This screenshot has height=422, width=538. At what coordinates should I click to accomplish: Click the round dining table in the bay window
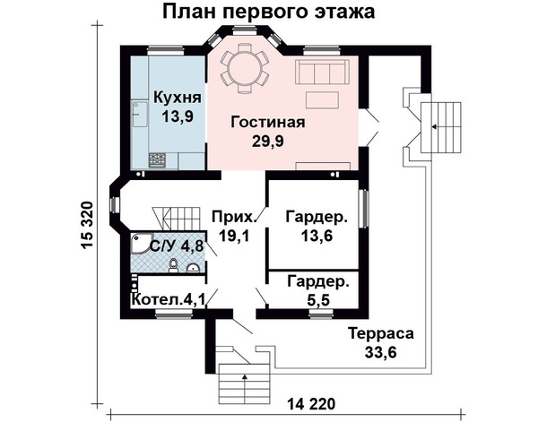[x=244, y=68]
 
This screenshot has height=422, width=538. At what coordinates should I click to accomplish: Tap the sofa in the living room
[x=322, y=73]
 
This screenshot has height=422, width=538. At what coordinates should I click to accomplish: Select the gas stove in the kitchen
[x=157, y=160]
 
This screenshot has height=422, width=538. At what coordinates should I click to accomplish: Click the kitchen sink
[x=140, y=114]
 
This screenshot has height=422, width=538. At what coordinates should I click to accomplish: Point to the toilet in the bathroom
[x=174, y=266]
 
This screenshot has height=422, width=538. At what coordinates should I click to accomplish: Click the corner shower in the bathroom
[x=141, y=244]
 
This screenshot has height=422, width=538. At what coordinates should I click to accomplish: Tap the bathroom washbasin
[x=193, y=268]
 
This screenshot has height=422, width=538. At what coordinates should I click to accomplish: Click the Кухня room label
[x=178, y=98]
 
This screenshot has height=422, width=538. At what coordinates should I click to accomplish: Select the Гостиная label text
[x=267, y=122]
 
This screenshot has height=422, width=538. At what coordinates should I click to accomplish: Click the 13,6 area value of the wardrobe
[x=317, y=236]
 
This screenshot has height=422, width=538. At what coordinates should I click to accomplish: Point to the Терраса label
[x=381, y=333]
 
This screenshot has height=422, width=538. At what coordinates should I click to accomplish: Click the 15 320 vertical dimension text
[x=88, y=225]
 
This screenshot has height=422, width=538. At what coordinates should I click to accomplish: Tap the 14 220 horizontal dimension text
[x=311, y=404]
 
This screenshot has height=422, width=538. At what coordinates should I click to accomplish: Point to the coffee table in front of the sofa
[x=322, y=100]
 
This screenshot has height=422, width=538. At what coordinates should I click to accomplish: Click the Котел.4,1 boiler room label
[x=169, y=299]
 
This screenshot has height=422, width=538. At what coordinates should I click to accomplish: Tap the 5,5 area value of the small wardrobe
[x=318, y=300]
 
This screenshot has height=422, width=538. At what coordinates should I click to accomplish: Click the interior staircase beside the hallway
[x=178, y=219]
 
